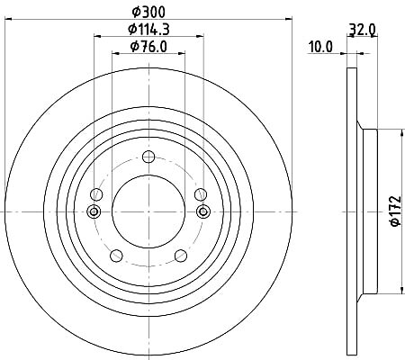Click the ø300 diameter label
tap(148, 12)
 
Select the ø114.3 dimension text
tap(148, 29)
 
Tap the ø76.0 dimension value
tap(148, 47)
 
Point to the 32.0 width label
tap(362, 30)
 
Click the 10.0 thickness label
tap(320, 47)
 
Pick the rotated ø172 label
tap(395, 211)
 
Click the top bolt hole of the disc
tap(148, 157)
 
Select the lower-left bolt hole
tap(116, 256)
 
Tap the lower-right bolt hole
tap(181, 256)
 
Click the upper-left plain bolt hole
tap(96, 194)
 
